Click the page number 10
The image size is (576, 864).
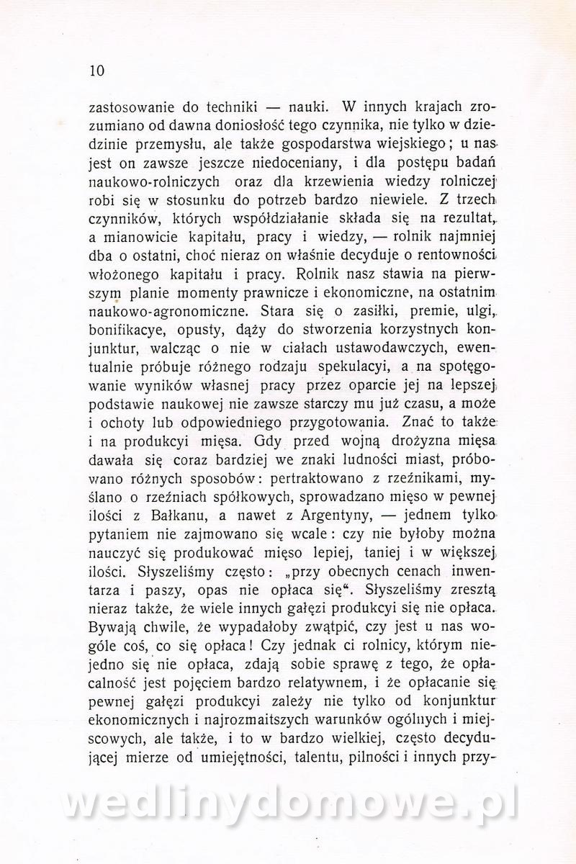click(96, 71)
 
